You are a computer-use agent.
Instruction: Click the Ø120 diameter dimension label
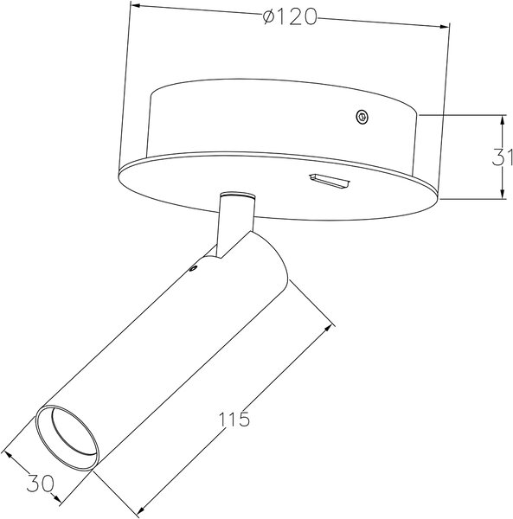click(290, 16)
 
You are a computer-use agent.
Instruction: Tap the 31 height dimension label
click(502, 157)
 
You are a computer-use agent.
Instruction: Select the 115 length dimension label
click(234, 420)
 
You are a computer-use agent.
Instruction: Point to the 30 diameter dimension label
click(40, 484)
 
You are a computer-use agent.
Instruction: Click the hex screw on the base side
click(362, 117)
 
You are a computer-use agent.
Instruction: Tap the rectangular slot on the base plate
click(330, 181)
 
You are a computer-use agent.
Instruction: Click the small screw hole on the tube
click(192, 268)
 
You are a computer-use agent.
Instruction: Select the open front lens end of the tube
click(67, 437)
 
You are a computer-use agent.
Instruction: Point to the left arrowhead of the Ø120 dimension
click(136, 6)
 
